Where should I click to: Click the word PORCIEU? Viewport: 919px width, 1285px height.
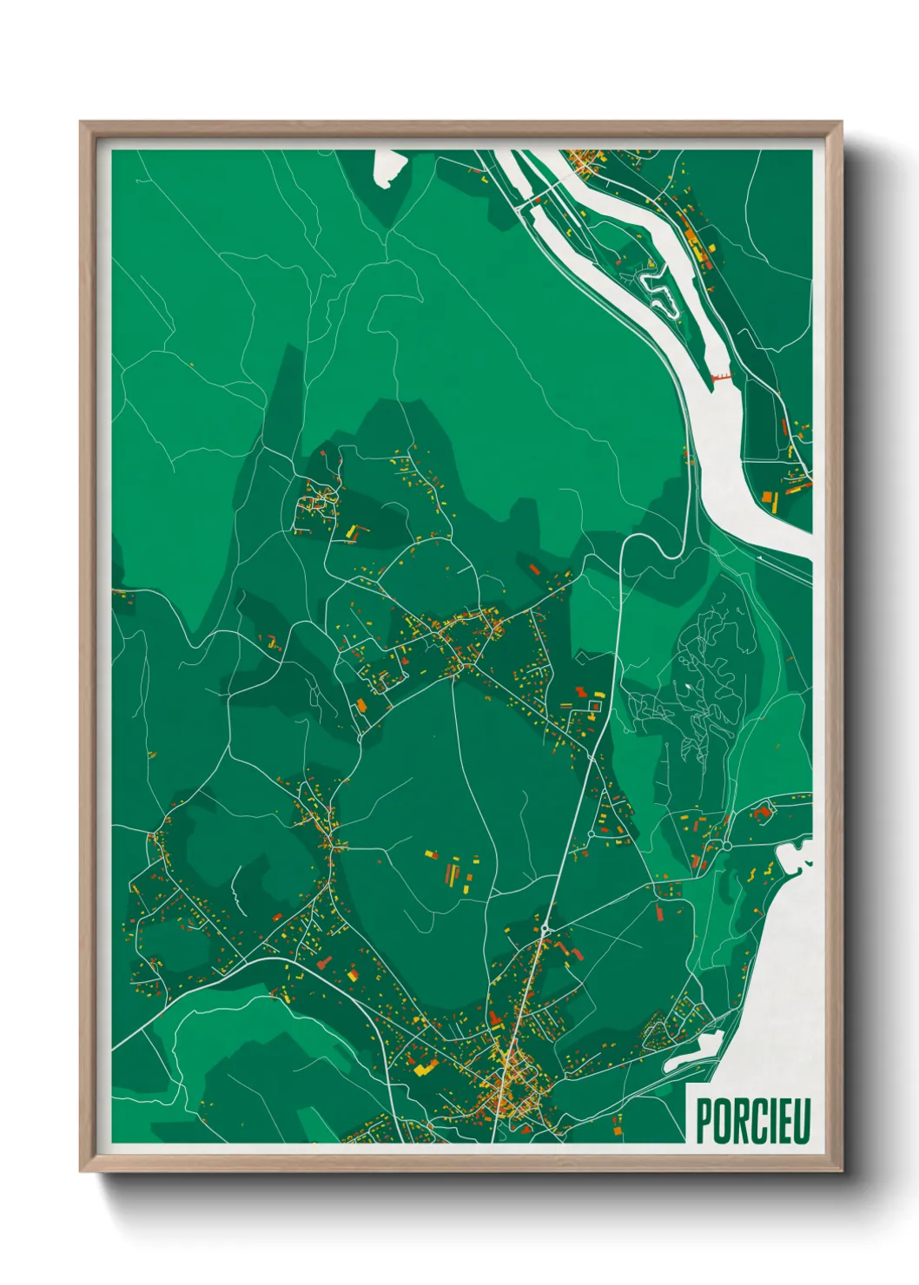point(752,1121)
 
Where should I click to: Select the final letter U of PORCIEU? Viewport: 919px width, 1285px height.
point(801,1121)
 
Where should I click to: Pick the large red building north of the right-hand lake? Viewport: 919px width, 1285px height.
point(763,811)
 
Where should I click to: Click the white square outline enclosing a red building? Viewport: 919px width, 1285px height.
point(594,708)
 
